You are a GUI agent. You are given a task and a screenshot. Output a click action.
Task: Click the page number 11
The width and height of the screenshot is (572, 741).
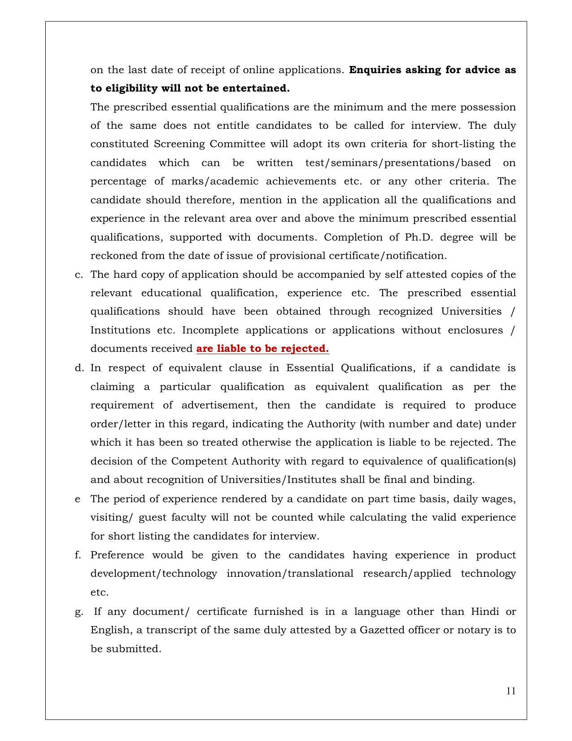pyautogui.click(x=511, y=691)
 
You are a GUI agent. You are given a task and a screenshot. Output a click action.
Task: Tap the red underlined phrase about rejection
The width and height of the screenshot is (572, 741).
pyautogui.click(x=262, y=349)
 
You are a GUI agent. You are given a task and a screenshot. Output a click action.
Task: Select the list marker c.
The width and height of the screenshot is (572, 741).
pyautogui.click(x=79, y=275)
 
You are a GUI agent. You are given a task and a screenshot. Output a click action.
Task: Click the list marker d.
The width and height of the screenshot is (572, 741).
pyautogui.click(x=79, y=368)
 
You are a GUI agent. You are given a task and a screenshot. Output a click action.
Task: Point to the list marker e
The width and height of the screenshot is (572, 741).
pyautogui.click(x=78, y=499)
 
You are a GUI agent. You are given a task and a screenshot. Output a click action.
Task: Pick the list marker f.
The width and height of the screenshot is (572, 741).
pyautogui.click(x=78, y=555)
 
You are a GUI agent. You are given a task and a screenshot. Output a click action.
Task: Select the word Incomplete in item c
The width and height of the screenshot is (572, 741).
pyautogui.click(x=210, y=330)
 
